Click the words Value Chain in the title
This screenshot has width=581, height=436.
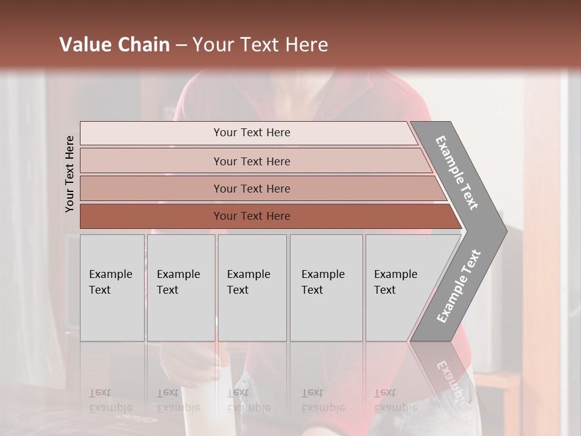click(x=114, y=45)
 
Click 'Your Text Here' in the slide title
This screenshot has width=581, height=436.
click(x=260, y=45)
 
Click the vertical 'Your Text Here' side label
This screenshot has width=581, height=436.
click(x=70, y=174)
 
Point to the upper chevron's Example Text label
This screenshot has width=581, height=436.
click(x=457, y=173)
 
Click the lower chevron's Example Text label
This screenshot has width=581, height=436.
click(x=459, y=286)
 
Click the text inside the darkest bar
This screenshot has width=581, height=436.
click(x=252, y=216)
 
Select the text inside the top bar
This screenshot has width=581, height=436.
click(x=252, y=133)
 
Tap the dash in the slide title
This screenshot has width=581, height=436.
click(x=181, y=45)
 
